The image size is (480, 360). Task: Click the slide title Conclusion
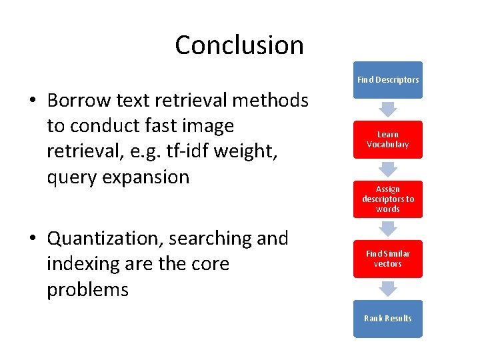point(239,45)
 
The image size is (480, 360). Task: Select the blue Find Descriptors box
point(388,80)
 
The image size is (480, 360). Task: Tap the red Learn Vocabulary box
point(388,139)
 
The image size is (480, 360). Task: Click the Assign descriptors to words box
point(388,199)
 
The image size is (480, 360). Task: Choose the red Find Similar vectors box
point(388,259)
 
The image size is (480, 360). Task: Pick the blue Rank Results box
point(388,319)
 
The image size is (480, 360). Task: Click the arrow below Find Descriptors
point(388,109)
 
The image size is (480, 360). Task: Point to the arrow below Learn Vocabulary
point(388,168)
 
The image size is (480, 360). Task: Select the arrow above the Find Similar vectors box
point(388,228)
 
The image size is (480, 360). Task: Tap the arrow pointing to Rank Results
point(388,288)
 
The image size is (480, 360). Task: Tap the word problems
point(87,290)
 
